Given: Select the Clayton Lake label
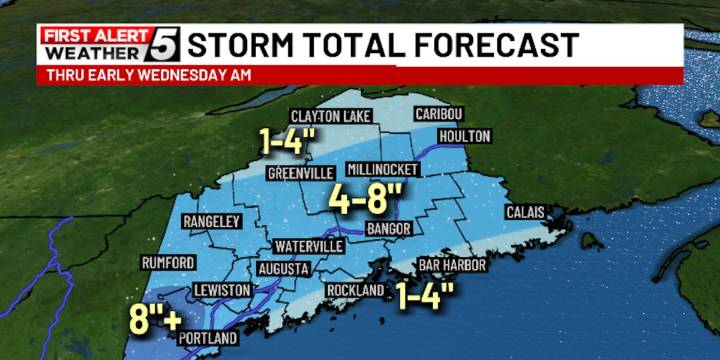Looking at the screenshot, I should [x=331, y=116].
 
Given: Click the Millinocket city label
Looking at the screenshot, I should [x=382, y=170].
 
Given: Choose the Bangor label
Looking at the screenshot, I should [x=389, y=229].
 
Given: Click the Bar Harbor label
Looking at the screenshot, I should [x=452, y=265].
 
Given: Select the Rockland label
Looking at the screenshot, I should [x=355, y=290].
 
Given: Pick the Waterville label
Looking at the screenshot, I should [x=309, y=246].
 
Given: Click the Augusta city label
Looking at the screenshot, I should [x=283, y=269].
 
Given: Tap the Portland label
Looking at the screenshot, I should [x=208, y=338].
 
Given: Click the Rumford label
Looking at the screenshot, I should [x=168, y=262].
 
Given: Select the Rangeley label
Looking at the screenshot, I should [x=212, y=220].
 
